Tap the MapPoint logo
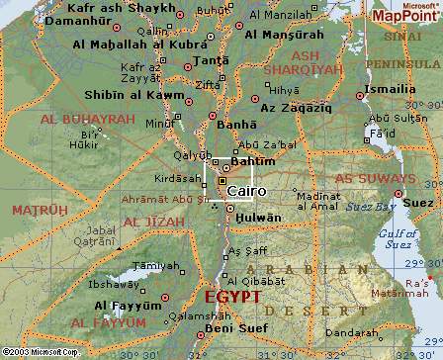point(401,14)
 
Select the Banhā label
point(237,125)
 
